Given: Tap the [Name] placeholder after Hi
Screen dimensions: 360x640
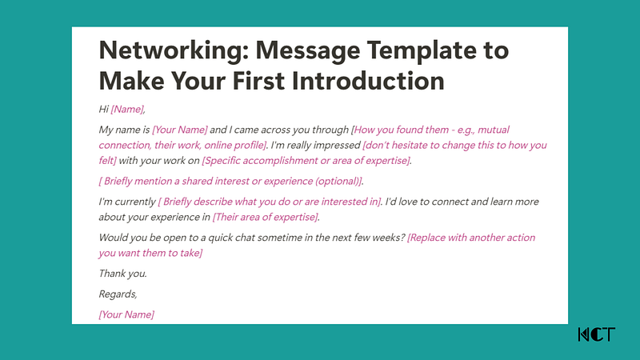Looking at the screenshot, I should pyautogui.click(x=128, y=110).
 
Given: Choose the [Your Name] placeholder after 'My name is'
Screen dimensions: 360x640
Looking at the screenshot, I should pyautogui.click(x=180, y=130).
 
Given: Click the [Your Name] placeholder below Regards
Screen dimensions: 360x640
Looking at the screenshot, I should pyautogui.click(x=126, y=314).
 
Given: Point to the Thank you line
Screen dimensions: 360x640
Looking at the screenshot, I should pyautogui.click(x=122, y=274).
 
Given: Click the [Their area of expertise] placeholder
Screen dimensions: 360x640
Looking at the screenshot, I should pyautogui.click(x=266, y=218).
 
